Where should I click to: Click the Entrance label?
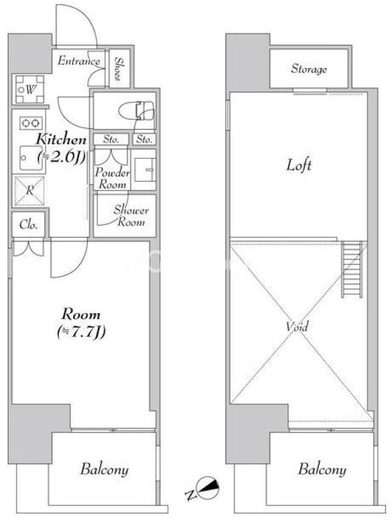(78, 61)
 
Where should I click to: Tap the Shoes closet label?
(118, 69)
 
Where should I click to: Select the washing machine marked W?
(29, 89)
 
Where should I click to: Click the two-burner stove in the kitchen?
(31, 123)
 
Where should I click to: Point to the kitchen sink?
(31, 158)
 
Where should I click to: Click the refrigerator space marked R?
(29, 191)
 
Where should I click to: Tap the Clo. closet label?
(28, 224)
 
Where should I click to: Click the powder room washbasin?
(145, 170)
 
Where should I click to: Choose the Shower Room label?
(131, 216)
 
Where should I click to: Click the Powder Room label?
(112, 178)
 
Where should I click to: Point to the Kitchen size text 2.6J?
(62, 156)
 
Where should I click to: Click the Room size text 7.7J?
(81, 331)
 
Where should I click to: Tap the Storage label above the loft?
(308, 69)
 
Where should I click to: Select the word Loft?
(299, 165)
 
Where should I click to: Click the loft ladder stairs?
(351, 269)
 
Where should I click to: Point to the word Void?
(297, 326)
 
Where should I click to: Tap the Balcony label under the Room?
(105, 470)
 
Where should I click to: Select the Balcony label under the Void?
(322, 469)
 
